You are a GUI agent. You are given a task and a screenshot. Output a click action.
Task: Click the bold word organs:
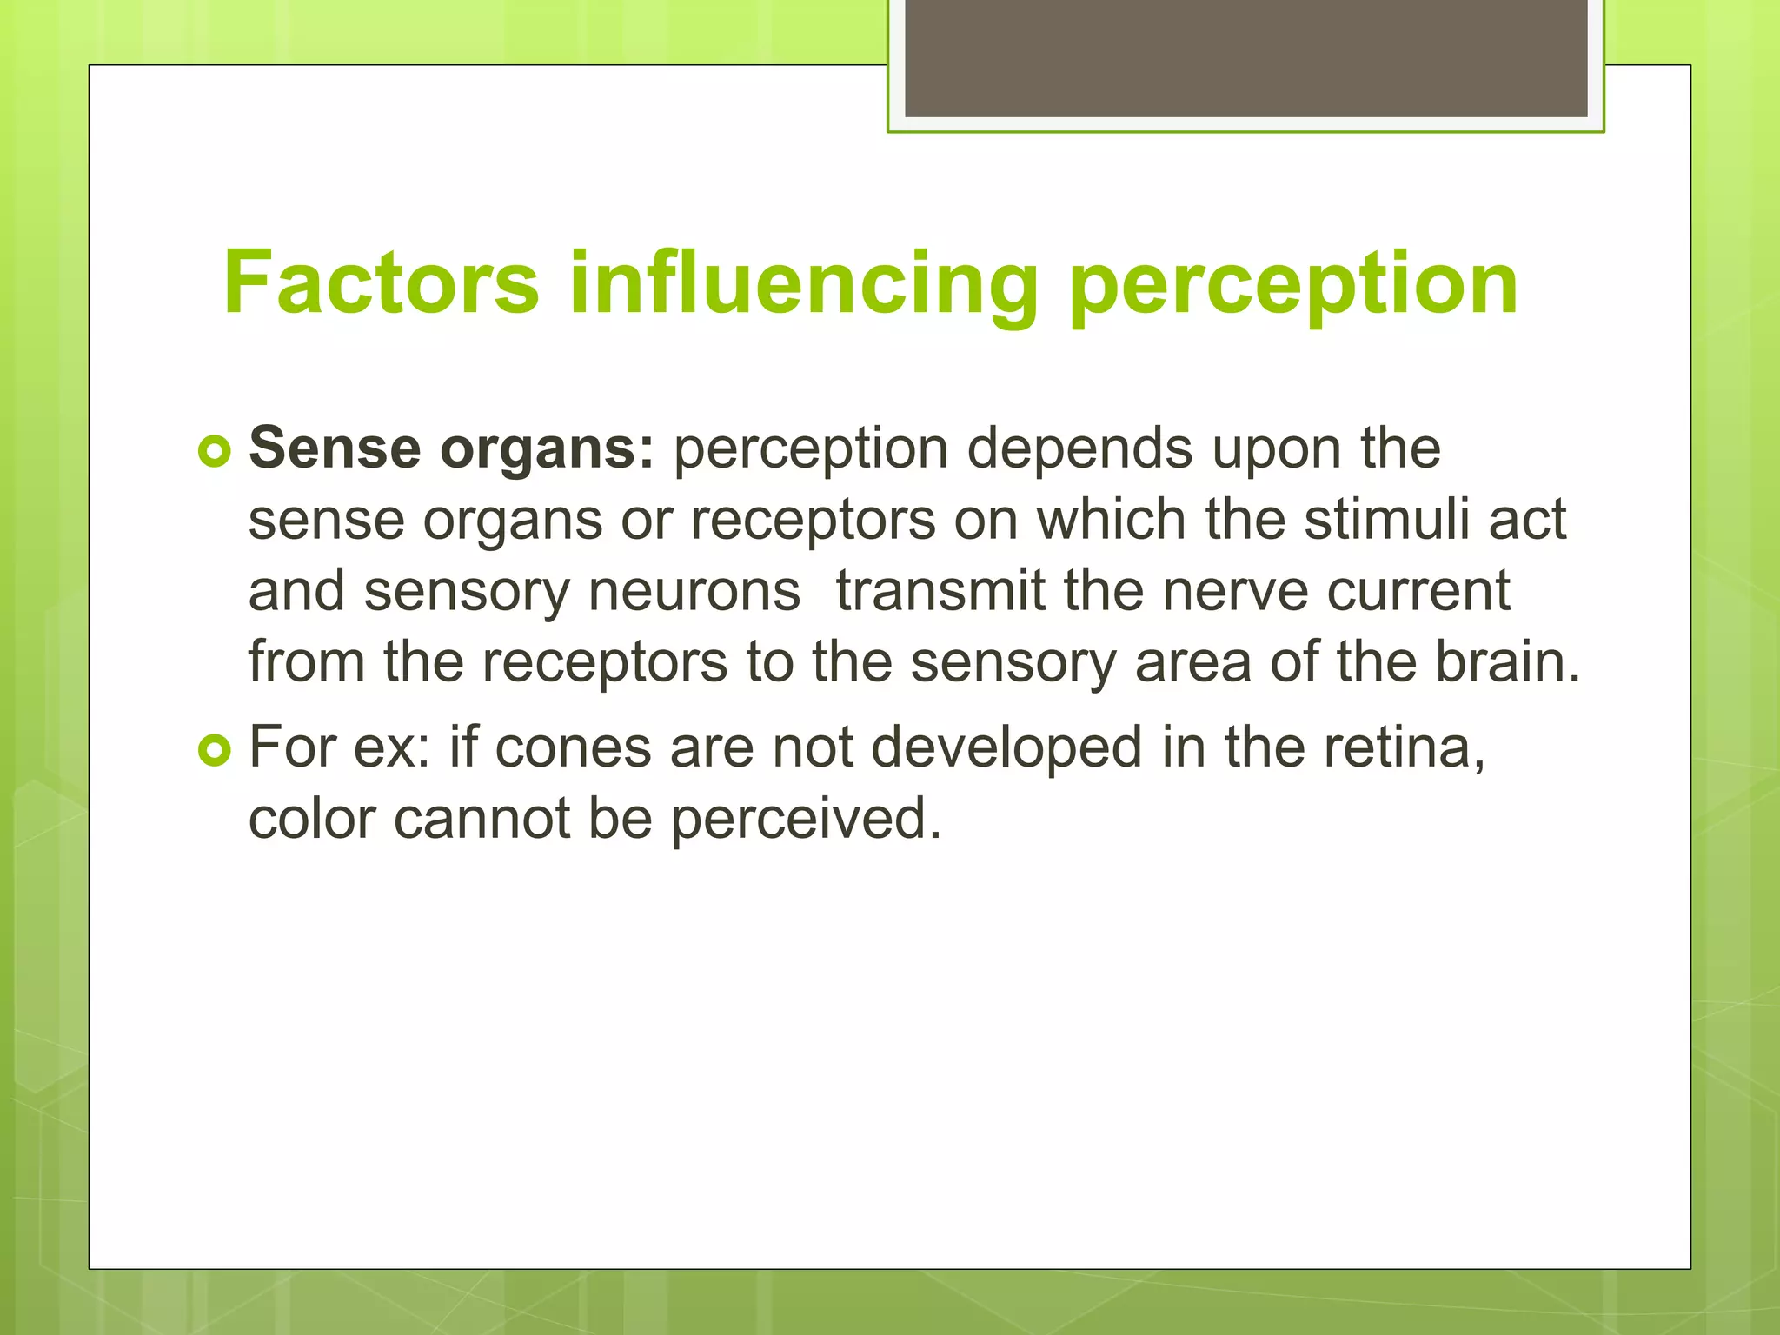pyautogui.click(x=547, y=451)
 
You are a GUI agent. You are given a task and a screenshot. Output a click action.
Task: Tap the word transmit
pyautogui.click(x=940, y=591)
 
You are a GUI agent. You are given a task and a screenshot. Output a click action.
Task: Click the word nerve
pyautogui.click(x=1235, y=591)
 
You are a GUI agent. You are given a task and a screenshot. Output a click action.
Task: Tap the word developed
pyautogui.click(x=1006, y=748)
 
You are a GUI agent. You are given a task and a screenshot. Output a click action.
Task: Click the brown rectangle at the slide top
pyautogui.click(x=1245, y=57)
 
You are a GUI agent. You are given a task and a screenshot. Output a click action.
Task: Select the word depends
pyautogui.click(x=1079, y=451)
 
